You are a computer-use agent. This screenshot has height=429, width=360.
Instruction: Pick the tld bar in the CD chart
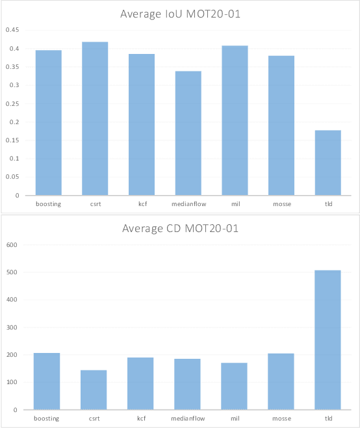tap(328, 340)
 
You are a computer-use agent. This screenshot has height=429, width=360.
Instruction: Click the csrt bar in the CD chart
tap(94, 390)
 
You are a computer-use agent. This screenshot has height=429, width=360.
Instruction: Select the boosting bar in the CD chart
tap(47, 381)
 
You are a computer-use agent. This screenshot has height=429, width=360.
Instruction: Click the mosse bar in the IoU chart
tap(281, 125)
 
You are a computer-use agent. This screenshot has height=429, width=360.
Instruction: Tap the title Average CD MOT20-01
tap(180, 229)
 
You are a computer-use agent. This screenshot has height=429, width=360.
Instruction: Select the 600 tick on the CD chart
tap(11, 245)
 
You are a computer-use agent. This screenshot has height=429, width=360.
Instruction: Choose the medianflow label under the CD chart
tap(187, 419)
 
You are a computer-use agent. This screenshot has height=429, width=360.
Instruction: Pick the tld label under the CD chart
tap(328, 419)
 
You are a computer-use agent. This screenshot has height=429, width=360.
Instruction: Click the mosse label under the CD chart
tap(281, 419)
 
